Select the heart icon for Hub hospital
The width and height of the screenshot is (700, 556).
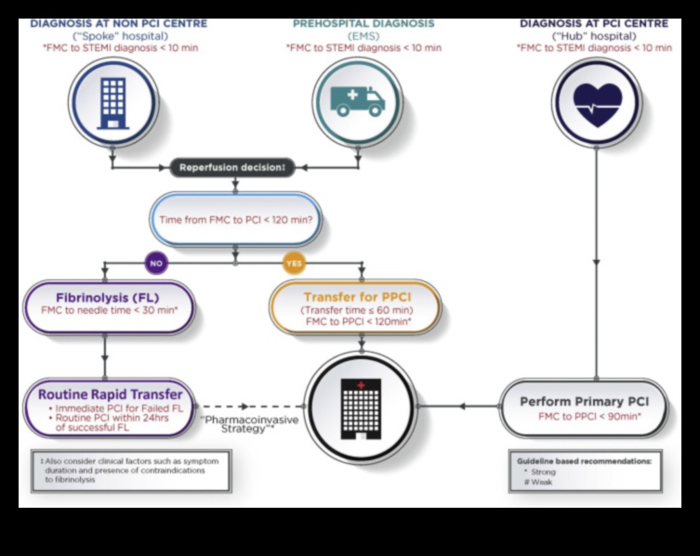(x=596, y=102)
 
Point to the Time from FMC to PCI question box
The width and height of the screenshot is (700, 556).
(x=235, y=220)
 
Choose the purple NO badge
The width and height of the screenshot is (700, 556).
(x=154, y=263)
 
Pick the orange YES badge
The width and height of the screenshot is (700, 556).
(x=294, y=263)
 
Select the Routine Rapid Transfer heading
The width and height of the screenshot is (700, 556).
(x=111, y=394)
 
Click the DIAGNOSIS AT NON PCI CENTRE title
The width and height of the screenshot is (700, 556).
(x=113, y=23)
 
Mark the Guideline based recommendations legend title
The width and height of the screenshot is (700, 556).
(x=585, y=460)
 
